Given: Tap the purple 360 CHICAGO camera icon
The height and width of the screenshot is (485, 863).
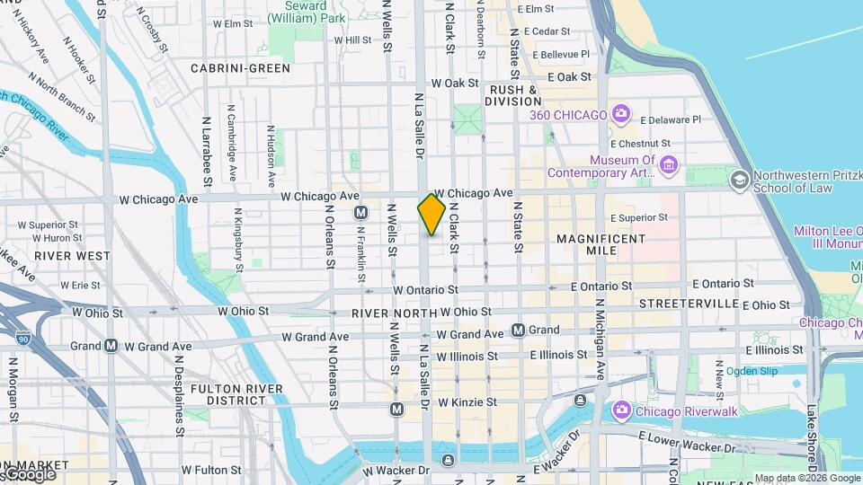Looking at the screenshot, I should (620, 113).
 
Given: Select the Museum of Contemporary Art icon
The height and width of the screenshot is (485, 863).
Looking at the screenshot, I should (667, 164).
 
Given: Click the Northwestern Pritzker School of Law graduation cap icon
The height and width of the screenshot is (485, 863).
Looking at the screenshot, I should (739, 180).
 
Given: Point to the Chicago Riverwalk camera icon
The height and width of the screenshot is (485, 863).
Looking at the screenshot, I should (620, 410).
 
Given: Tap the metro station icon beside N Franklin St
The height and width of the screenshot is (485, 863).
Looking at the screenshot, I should (360, 213).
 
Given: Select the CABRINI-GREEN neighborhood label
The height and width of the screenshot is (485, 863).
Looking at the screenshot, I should (240, 68).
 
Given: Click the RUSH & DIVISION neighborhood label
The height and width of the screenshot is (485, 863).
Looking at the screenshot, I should (513, 95).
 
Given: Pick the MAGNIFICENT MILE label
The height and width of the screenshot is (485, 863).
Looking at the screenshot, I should (601, 244).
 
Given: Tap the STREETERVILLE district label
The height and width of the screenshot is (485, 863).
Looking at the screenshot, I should (689, 304).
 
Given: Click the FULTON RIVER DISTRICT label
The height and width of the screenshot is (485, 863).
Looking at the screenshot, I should (227, 395).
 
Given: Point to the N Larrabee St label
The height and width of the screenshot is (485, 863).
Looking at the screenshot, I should (207, 161).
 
